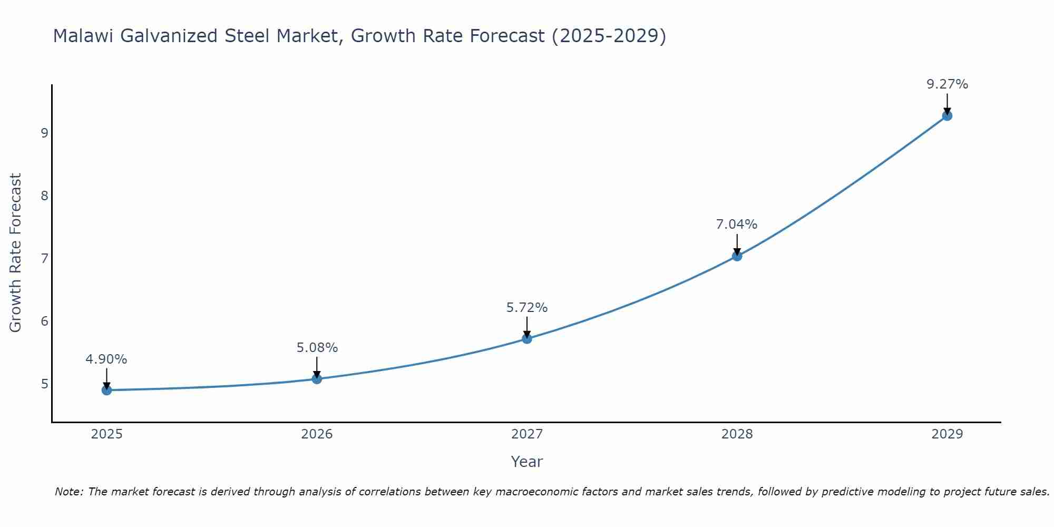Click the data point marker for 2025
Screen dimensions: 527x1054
pyautogui.click(x=106, y=390)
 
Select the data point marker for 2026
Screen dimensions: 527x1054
pyautogui.click(x=317, y=379)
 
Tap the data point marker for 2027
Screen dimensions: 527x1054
pyautogui.click(x=527, y=338)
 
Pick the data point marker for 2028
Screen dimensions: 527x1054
pyautogui.click(x=737, y=256)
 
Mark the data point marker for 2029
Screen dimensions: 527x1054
pyautogui.click(x=947, y=116)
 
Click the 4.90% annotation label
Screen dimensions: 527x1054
pyautogui.click(x=106, y=359)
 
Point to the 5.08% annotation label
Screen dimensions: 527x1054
pyautogui.click(x=317, y=348)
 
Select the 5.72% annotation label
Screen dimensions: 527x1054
pyautogui.click(x=527, y=308)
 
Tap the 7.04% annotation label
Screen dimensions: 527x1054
pyautogui.click(x=737, y=225)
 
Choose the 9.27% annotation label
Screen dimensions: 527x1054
pyautogui.click(x=947, y=84)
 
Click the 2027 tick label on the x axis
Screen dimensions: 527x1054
pyautogui.click(x=527, y=434)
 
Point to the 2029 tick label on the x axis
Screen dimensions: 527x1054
pyautogui.click(x=947, y=434)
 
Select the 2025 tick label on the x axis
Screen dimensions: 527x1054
pyautogui.click(x=106, y=434)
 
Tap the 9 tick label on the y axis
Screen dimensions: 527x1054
pyautogui.click(x=44, y=133)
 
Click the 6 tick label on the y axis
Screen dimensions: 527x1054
pyautogui.click(x=44, y=321)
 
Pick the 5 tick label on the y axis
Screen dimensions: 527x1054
pyautogui.click(x=44, y=384)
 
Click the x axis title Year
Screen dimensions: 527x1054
pyautogui.click(x=527, y=462)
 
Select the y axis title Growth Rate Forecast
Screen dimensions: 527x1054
pyautogui.click(x=16, y=253)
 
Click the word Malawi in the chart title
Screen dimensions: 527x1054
pyautogui.click(x=84, y=36)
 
